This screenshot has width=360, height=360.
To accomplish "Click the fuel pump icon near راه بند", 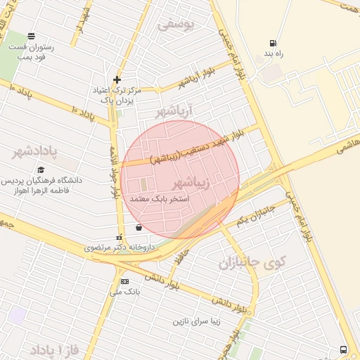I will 272,42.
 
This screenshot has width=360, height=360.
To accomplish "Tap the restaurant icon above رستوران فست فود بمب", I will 31,36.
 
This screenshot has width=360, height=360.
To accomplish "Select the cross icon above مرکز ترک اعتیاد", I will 117,79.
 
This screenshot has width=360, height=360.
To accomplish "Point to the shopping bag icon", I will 139,227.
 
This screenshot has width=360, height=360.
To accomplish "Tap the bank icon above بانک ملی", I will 124,281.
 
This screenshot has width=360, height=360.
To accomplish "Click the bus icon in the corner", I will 342,349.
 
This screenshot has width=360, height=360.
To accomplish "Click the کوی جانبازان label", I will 252,264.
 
